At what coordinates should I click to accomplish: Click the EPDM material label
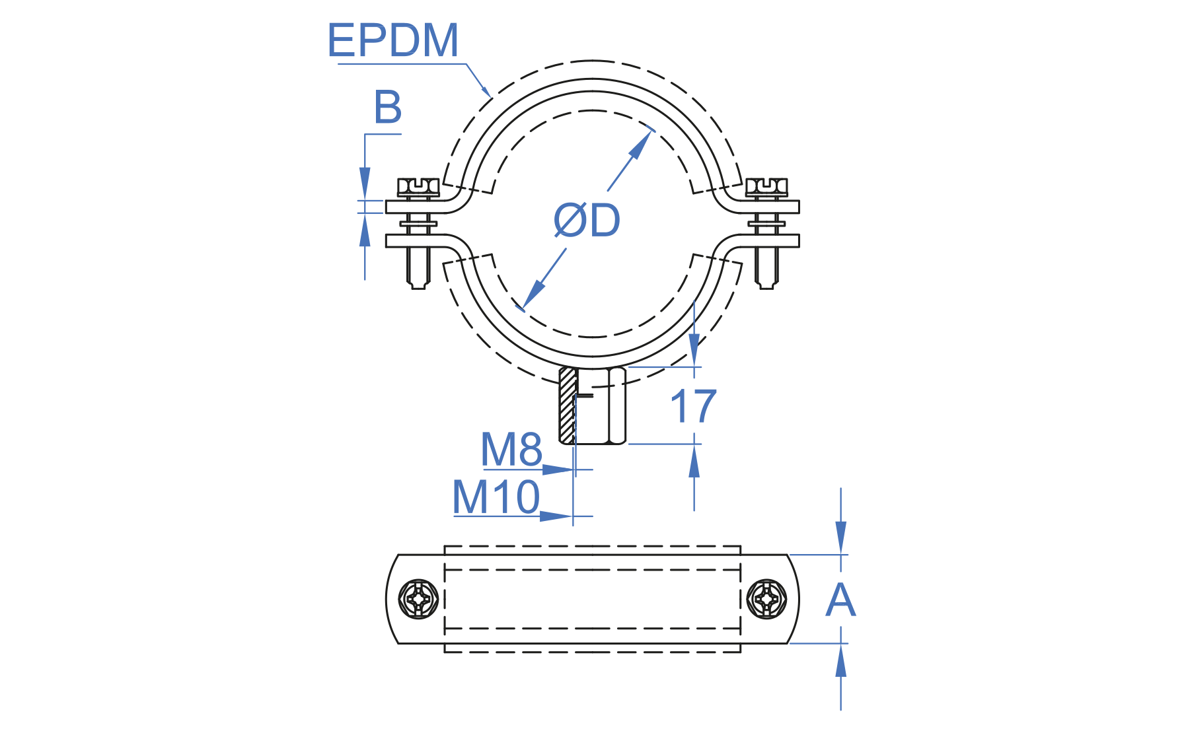(392, 40)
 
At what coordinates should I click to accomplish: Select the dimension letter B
(388, 107)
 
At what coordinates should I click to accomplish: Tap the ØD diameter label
(587, 220)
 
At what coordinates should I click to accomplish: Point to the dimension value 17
(693, 406)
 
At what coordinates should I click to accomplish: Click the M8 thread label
(511, 449)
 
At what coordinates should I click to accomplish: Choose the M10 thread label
(496, 497)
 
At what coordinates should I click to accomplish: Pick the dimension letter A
(840, 600)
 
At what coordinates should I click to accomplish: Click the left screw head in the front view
(418, 188)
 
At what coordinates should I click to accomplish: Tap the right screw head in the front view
(766, 188)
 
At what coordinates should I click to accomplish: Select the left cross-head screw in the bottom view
(419, 599)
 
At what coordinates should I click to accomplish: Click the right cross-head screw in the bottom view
(766, 599)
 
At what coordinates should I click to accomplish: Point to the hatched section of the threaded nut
(567, 405)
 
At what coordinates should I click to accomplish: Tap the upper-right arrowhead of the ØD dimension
(640, 145)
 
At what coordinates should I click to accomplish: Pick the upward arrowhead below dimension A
(840, 662)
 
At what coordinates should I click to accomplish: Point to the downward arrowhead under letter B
(365, 182)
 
